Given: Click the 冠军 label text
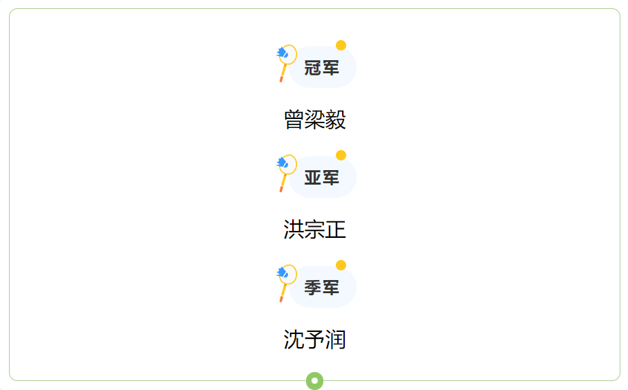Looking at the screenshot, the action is coord(321,68).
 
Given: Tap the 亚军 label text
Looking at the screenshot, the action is coord(321,178).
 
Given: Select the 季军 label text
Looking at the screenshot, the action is coord(321,288).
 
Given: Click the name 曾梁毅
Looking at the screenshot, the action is coord(315,120).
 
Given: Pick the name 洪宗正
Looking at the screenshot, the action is coord(315,230).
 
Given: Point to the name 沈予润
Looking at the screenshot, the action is coord(315,340).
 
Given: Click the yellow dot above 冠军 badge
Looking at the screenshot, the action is coord(341,45).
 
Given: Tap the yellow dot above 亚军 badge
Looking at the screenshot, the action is coord(341,155).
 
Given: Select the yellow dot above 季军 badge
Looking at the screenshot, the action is coord(341,266).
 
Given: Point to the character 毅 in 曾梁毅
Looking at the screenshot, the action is coord(336,120).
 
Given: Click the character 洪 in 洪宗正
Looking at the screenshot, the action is coord(294,230).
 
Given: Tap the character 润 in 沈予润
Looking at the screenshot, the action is coord(336,340).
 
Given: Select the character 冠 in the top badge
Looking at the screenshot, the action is coord(313,68).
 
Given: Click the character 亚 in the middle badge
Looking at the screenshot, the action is coord(313,178).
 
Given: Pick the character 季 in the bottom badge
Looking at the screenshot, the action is coord(313,288).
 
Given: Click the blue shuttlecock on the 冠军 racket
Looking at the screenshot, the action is coord(282,52).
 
